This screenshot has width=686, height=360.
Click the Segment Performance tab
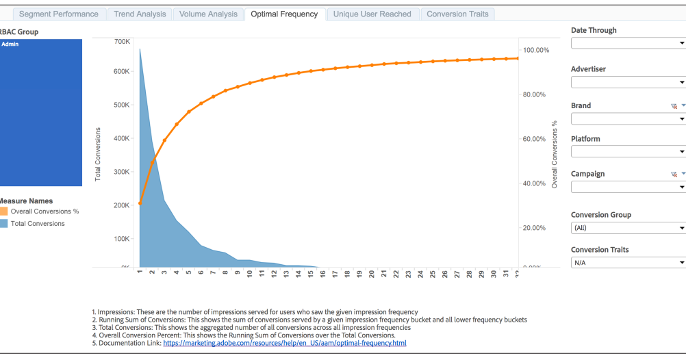[59, 14]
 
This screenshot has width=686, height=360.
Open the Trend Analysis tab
[140, 14]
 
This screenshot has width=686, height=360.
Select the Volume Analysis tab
[208, 14]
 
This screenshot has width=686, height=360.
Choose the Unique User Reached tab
[372, 14]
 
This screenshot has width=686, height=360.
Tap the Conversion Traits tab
[457, 14]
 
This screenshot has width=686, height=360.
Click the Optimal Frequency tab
[284, 14]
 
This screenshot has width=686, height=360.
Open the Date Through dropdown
[628, 43]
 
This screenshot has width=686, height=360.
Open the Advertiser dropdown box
[628, 82]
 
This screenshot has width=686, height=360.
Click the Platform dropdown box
[628, 151]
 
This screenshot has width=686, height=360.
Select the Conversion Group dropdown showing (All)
[628, 228]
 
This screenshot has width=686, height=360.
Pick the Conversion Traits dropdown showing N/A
[628, 262]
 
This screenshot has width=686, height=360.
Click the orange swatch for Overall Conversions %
[3, 211]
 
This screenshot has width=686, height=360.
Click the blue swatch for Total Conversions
[3, 224]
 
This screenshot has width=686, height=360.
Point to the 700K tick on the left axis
[122, 42]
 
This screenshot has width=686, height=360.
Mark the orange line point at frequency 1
[140, 203]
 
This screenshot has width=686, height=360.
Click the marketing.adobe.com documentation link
[284, 343]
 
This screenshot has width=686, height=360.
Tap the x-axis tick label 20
[371, 274]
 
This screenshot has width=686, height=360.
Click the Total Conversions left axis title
[98, 154]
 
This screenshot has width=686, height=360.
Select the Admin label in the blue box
[10, 44]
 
